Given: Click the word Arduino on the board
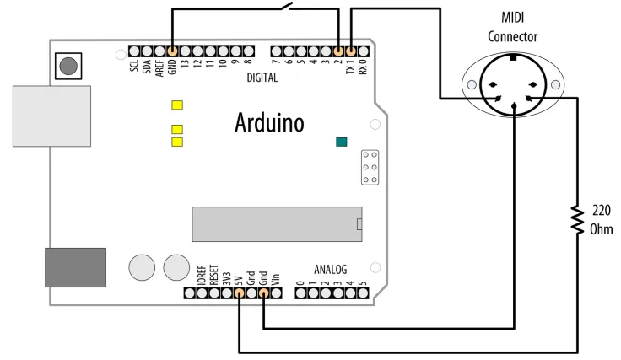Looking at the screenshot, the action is point(269,122).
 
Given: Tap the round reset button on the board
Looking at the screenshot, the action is point(68,66).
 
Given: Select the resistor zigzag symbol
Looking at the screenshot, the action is point(577,220).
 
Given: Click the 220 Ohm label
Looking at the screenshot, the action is point(602,219).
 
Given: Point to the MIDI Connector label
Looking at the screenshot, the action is point(512,27).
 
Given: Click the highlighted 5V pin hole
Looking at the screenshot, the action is point(240,293).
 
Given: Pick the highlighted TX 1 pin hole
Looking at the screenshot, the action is point(351,51).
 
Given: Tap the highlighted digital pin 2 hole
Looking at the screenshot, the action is point(338,51).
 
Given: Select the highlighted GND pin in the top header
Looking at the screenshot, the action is point(172,51).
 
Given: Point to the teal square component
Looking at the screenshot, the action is point(342,142).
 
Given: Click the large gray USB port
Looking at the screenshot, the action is point(51,116).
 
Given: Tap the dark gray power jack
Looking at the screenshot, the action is point(75,267).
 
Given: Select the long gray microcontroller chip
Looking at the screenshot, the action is point(277,224).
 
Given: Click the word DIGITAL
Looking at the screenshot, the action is point(262,78).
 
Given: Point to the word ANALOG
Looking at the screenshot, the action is point(330,270).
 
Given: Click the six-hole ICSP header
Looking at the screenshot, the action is point(370,167).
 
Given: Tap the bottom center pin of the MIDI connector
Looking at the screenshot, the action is point(514,105).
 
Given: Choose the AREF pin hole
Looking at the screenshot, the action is point(159,51).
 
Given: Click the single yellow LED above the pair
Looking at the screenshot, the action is point(177,105).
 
